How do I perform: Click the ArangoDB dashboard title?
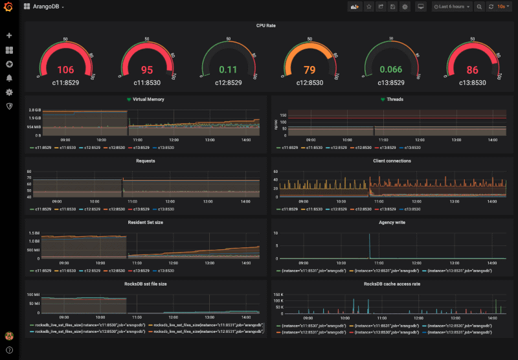click(47, 6)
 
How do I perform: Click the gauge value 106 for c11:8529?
click(65, 70)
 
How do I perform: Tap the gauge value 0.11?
click(228, 70)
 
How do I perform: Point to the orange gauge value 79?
click(310, 70)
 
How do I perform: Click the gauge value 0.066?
click(390, 70)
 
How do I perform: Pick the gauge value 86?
click(472, 70)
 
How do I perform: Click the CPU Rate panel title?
click(265, 25)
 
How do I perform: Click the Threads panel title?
click(395, 100)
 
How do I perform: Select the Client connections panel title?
click(392, 161)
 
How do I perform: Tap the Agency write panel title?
click(392, 222)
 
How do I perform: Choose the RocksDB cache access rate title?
click(392, 284)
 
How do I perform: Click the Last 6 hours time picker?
click(451, 6)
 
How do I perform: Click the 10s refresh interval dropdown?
click(502, 6)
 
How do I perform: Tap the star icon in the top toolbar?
click(368, 6)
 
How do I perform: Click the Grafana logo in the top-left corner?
click(9, 7)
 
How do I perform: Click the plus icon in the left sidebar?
click(9, 36)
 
